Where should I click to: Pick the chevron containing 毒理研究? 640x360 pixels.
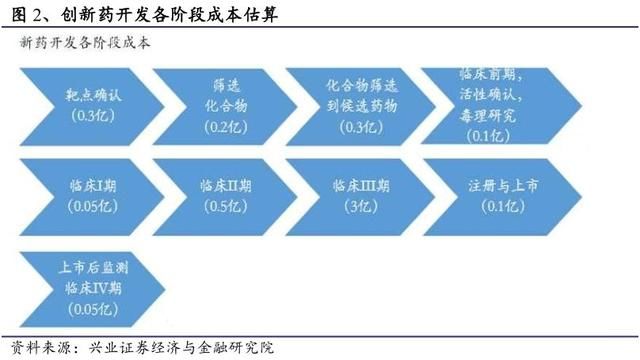click(x=490, y=103)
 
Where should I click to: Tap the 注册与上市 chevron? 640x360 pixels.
click(x=490, y=196)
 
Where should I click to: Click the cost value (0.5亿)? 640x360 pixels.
click(x=223, y=207)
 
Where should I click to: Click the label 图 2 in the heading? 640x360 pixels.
click(x=22, y=14)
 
